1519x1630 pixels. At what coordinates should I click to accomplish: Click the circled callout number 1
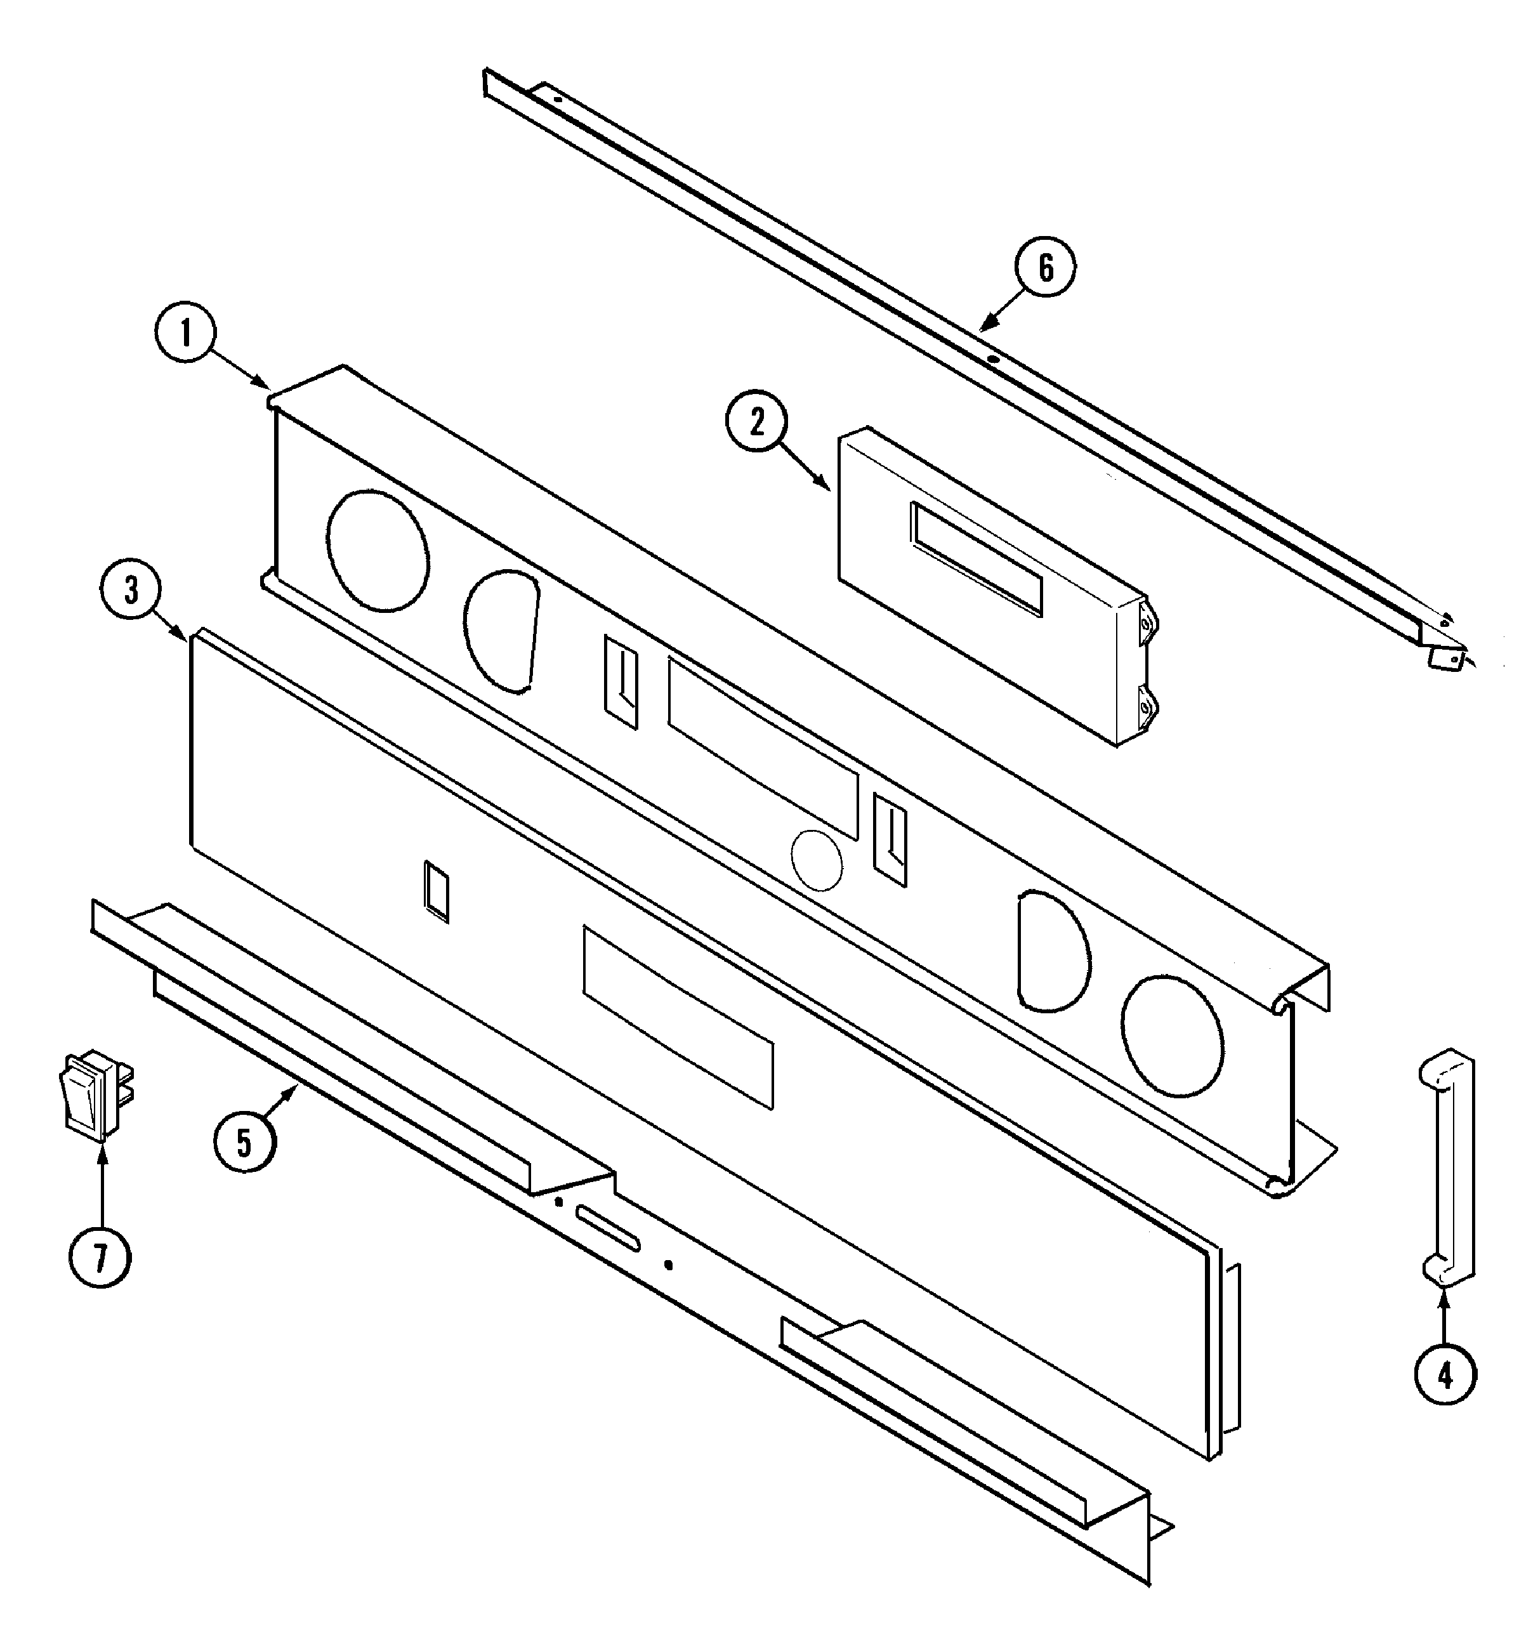tap(185, 334)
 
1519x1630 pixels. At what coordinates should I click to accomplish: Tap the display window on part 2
tap(975, 558)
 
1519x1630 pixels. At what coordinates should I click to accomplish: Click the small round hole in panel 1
tap(817, 860)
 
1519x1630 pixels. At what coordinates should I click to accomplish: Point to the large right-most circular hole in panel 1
tap(1173, 1035)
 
